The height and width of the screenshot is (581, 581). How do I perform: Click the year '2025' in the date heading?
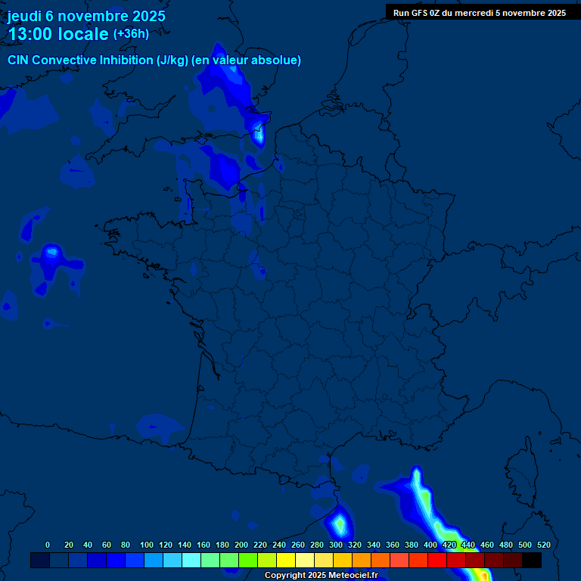(146, 16)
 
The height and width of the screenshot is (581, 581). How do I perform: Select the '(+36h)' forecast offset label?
(131, 34)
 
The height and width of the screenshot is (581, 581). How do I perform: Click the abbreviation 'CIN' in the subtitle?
(18, 60)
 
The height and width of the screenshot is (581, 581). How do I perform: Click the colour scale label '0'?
(48, 545)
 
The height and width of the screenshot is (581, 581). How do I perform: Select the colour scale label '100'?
(147, 545)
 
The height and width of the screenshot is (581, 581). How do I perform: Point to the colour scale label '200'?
(241, 545)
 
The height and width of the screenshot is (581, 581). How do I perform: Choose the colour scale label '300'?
(336, 545)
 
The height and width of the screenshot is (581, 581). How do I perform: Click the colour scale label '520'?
(543, 545)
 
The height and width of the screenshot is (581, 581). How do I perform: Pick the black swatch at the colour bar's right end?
(532, 561)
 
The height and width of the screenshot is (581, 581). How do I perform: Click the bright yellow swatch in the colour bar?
(285, 561)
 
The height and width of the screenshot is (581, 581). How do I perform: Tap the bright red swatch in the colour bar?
(437, 561)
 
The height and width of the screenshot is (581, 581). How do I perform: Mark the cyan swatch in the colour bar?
(191, 561)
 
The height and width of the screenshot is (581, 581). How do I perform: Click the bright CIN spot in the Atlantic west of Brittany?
(51, 252)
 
